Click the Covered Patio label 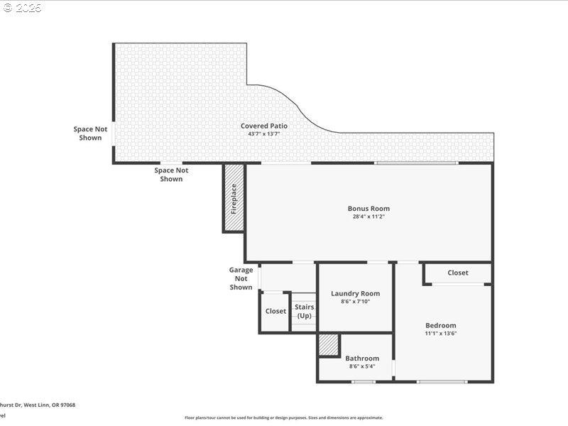263,126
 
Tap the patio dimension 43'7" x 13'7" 263,133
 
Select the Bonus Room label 368,209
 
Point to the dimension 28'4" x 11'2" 368,217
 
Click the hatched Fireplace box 234,198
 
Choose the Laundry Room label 355,293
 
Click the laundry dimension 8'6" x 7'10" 355,302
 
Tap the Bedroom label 440,325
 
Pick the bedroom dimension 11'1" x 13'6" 440,333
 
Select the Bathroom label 362,359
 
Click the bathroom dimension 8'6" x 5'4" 362,366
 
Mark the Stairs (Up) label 305,311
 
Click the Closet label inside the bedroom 458,273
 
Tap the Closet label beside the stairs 275,311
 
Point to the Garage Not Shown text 241,278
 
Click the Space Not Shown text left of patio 90,133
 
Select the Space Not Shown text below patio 171,174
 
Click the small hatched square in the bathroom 329,345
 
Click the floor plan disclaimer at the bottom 284,417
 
